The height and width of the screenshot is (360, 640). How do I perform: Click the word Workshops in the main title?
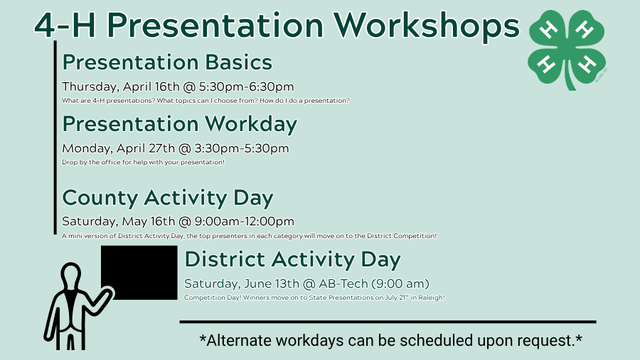423,24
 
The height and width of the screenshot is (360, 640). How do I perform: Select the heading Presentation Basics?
166,63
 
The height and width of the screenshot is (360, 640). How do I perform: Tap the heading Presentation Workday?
179,124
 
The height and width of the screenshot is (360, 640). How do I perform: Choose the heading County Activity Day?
168,197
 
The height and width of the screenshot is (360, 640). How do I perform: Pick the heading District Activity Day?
293,260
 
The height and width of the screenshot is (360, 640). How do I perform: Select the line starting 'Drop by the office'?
143,162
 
